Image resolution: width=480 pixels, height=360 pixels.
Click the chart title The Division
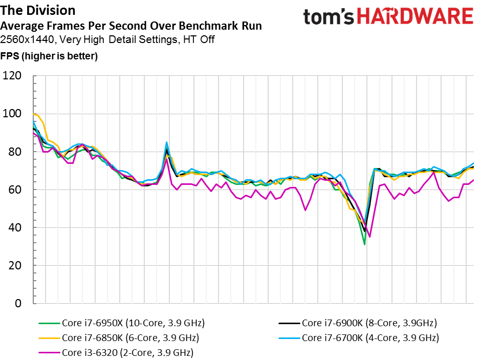pyautogui.click(x=38, y=10)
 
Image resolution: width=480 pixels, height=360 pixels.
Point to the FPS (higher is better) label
pyautogui.click(x=49, y=56)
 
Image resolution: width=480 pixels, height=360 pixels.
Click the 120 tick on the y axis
pyautogui.click(x=12, y=75)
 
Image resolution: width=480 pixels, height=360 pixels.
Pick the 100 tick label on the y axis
pyautogui.click(x=12, y=113)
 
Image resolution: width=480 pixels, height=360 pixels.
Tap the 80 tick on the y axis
pyautogui.click(x=15, y=152)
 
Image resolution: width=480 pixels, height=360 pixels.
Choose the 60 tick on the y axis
pyautogui.click(x=15, y=189)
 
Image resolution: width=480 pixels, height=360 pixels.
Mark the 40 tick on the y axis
pyautogui.click(x=15, y=227)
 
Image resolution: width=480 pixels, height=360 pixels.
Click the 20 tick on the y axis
pyautogui.click(x=15, y=265)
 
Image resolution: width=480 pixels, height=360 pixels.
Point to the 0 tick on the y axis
pyautogui.click(x=18, y=303)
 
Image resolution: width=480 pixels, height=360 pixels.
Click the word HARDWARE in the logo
pyautogui.click(x=416, y=16)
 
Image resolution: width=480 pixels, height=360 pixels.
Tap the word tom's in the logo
pyautogui.click(x=329, y=17)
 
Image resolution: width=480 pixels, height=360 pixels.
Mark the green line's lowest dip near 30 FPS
pyautogui.click(x=364, y=244)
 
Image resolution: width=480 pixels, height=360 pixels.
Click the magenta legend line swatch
pyautogui.click(x=49, y=353)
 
